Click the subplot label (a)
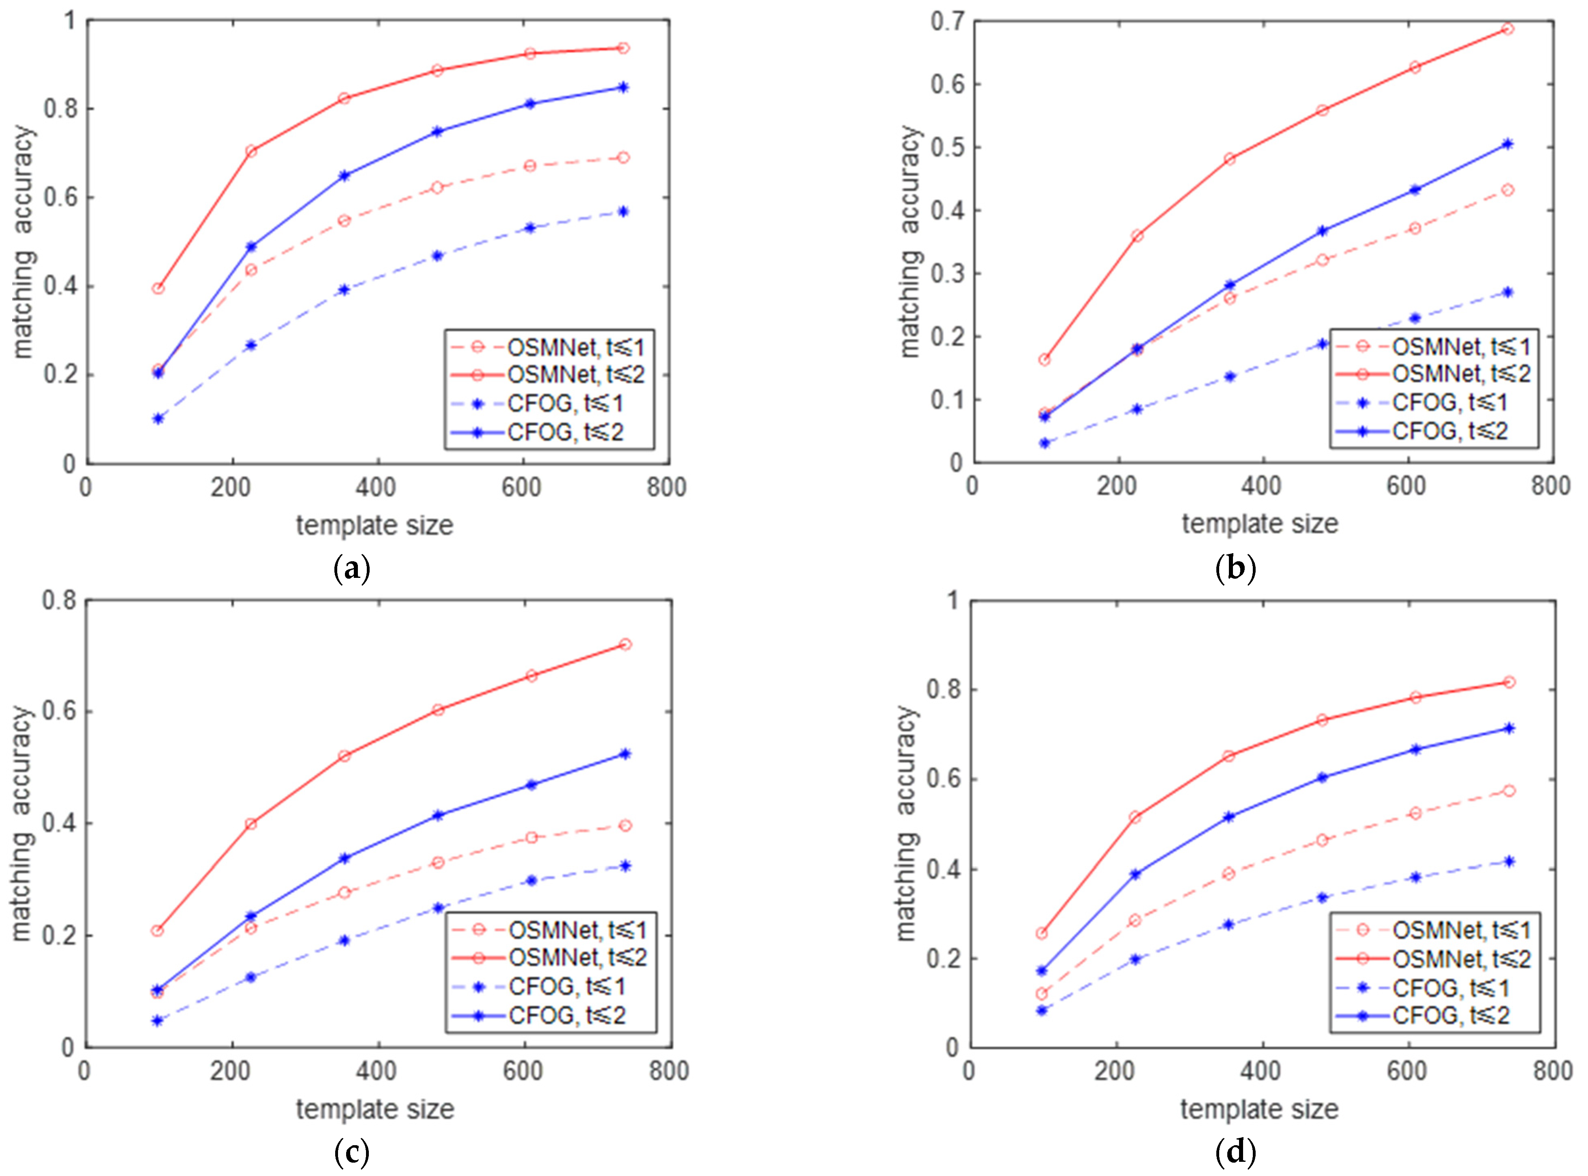pyautogui.click(x=352, y=569)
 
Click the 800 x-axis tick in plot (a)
pyautogui.click(x=666, y=488)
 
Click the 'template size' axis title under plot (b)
pyautogui.click(x=1260, y=524)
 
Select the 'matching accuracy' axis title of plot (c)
pyautogui.click(x=22, y=823)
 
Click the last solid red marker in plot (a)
pyautogui.click(x=623, y=48)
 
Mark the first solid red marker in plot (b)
pyautogui.click(x=1044, y=359)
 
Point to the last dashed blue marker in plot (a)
pyautogui.click(x=623, y=212)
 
